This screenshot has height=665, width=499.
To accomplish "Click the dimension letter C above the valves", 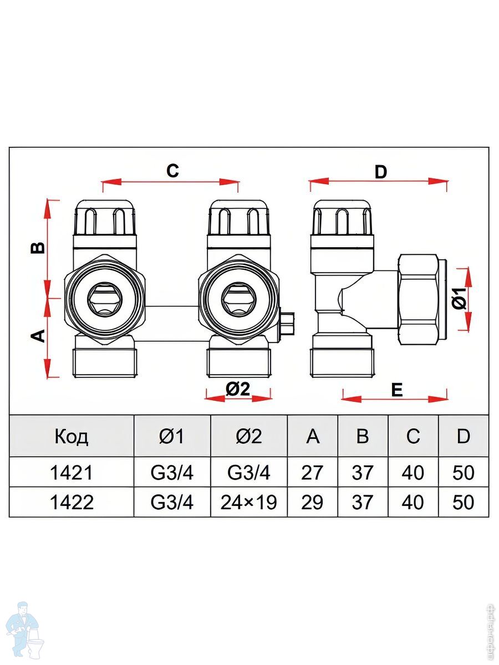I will pyautogui.click(x=172, y=171).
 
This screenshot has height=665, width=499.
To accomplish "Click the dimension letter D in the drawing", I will pyautogui.click(x=380, y=172).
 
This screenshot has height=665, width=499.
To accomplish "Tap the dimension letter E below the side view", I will pyautogui.click(x=396, y=390).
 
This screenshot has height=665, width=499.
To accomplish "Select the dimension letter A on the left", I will pyautogui.click(x=38, y=336).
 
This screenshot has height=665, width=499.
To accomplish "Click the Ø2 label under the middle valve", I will pyautogui.click(x=238, y=390).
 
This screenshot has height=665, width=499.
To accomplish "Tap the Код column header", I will pyautogui.click(x=72, y=437).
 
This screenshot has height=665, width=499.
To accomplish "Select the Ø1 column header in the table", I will pyautogui.click(x=172, y=437).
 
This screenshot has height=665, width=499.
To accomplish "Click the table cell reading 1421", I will pyautogui.click(x=72, y=473).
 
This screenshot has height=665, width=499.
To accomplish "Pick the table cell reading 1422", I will pyautogui.click(x=72, y=502).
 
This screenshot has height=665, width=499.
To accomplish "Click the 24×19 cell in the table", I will pyautogui.click(x=248, y=502).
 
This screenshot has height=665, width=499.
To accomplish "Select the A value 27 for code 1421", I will pyautogui.click(x=312, y=473).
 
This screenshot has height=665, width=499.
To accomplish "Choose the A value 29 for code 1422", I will pyautogui.click(x=312, y=502).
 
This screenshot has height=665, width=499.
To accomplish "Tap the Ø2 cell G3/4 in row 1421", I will pyautogui.click(x=248, y=473).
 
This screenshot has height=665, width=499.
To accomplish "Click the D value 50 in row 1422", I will pyautogui.click(x=463, y=502).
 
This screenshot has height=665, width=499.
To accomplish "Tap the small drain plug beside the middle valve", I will pyautogui.click(x=287, y=324).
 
